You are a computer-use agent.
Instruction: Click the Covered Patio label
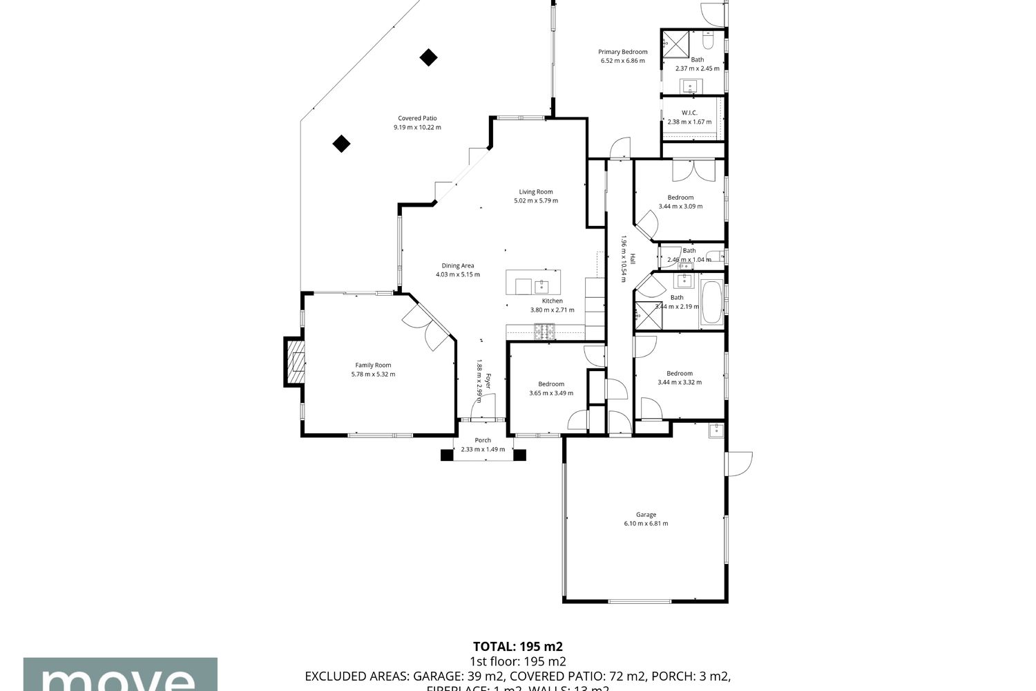coord(417,118)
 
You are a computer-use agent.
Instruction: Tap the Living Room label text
coord(536,192)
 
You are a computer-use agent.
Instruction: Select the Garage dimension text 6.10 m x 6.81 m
coord(646,524)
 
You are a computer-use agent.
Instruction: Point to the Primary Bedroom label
coord(622,52)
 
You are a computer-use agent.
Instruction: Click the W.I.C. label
coord(689,113)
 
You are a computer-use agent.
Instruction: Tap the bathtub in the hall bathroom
coord(712,303)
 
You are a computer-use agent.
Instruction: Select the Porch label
coord(483,440)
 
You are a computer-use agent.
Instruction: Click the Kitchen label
coord(552,301)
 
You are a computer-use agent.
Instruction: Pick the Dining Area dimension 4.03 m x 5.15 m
coord(457,275)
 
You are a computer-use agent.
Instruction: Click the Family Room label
coord(373,366)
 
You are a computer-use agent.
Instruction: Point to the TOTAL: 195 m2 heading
coord(517,647)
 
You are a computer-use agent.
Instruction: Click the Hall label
coord(631,258)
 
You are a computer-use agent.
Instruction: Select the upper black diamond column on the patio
coord(429,57)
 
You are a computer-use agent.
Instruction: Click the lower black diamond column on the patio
coord(341,144)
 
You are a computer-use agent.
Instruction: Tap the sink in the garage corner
coord(716,431)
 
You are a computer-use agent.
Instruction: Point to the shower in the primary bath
coord(675,43)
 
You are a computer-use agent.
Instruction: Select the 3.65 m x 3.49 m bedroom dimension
coord(550,393)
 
